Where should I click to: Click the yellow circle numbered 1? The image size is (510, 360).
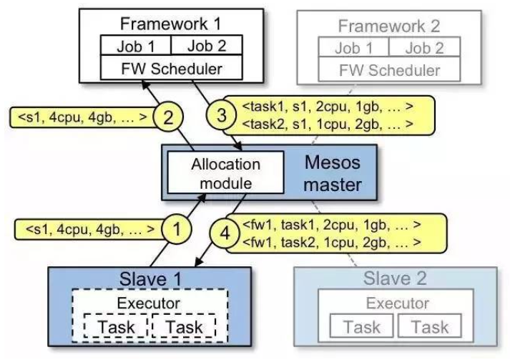(177, 229)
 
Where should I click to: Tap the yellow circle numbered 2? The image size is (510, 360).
(168, 117)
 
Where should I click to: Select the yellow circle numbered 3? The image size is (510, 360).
(221, 115)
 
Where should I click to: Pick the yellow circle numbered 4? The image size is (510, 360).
(225, 233)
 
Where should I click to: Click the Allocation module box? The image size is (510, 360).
(225, 172)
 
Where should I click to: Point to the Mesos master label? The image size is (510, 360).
(333, 173)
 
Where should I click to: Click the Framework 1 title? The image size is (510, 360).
(170, 24)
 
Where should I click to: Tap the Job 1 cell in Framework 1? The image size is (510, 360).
(136, 45)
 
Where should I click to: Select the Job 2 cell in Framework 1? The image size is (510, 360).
(207, 45)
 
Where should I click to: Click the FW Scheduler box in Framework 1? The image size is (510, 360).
(172, 67)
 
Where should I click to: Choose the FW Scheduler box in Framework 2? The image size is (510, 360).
(389, 69)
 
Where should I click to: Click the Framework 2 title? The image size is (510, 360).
(389, 26)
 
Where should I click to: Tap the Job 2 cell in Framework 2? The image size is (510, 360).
(424, 47)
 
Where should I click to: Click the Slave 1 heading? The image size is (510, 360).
(150, 278)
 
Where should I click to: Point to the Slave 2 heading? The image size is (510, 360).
(395, 278)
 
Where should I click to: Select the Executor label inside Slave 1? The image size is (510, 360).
(148, 303)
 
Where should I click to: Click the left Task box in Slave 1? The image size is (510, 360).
(116, 326)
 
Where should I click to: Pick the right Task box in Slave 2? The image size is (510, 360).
(430, 326)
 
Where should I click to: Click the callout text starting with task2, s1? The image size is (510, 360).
(328, 124)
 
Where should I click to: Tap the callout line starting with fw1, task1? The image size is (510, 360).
(332, 225)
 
